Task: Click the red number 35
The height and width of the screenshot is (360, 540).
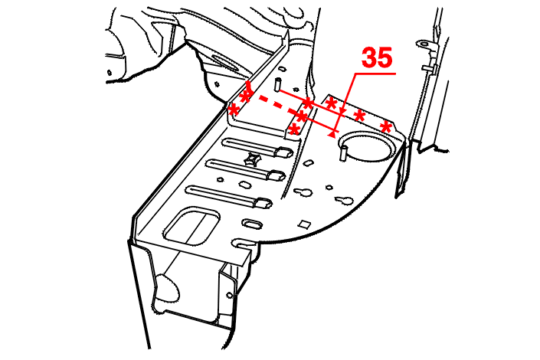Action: point(377,57)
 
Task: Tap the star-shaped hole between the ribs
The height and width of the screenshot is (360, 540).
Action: point(253,159)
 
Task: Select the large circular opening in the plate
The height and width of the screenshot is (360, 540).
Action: point(367,146)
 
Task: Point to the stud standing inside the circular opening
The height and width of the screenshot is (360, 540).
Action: point(343,152)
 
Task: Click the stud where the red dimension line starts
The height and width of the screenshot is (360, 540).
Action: point(277,85)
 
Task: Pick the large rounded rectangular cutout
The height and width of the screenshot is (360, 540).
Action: point(191,225)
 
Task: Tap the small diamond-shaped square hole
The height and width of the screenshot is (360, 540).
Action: point(304,224)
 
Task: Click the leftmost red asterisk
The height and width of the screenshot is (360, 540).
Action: point(234,111)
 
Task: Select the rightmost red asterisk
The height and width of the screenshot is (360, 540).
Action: point(386,127)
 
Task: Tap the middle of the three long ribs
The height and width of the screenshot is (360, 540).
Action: point(246,169)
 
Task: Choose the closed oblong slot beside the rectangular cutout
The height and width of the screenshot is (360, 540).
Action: point(252,224)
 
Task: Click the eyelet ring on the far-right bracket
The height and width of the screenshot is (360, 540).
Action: point(423,44)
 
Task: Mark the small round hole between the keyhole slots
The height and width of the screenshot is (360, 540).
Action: point(329,188)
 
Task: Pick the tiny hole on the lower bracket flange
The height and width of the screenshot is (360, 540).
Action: point(230,295)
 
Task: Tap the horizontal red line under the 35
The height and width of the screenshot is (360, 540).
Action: point(375,74)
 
